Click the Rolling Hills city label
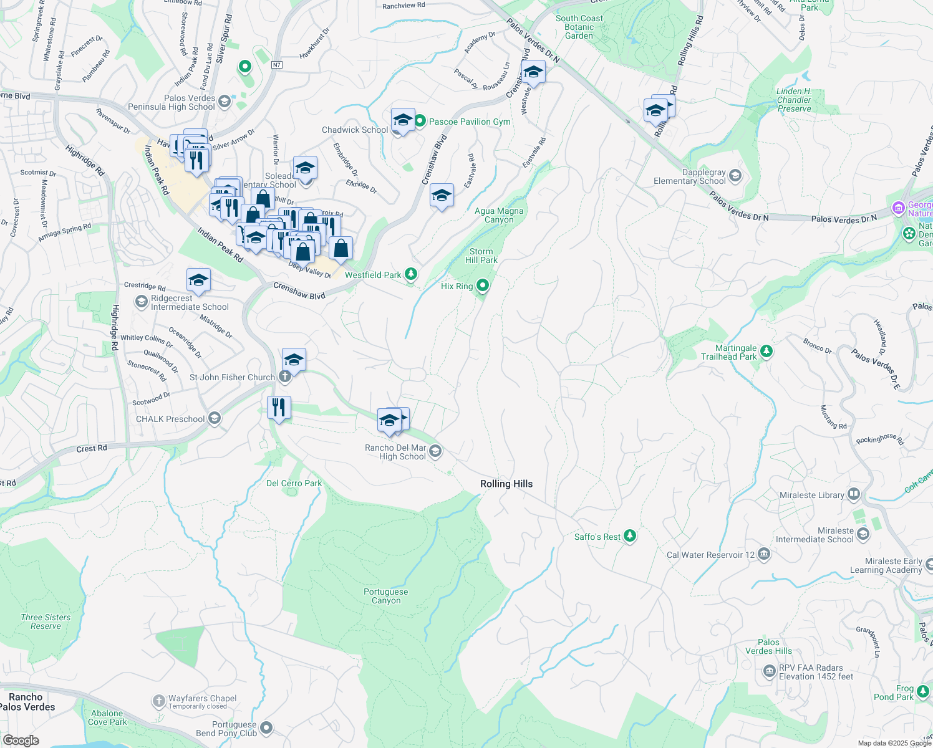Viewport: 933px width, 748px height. click(x=506, y=484)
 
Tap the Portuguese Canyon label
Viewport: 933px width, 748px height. click(x=386, y=597)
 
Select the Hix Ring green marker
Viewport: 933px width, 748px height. click(x=483, y=286)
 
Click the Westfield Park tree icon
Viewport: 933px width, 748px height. click(x=410, y=274)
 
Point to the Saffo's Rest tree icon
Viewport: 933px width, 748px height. click(x=630, y=536)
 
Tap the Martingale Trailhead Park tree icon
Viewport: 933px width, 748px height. click(x=766, y=352)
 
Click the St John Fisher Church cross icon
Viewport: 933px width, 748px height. click(x=284, y=376)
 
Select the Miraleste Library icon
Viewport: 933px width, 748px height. click(x=854, y=494)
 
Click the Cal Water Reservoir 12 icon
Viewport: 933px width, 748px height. click(x=764, y=554)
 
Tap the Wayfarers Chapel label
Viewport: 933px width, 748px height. click(x=202, y=698)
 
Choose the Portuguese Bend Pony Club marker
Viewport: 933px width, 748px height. click(x=266, y=728)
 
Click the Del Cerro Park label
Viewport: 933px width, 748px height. click(x=294, y=483)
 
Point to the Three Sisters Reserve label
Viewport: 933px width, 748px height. click(x=46, y=621)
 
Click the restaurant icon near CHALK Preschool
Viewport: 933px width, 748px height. click(x=279, y=408)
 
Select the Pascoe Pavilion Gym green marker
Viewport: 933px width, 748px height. click(x=420, y=121)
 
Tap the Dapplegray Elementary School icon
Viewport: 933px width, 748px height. click(x=735, y=176)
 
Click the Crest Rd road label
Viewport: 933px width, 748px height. click(x=92, y=448)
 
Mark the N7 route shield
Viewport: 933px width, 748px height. click(x=277, y=64)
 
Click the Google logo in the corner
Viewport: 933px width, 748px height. click(x=21, y=741)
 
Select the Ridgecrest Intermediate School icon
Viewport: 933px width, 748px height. click(x=142, y=302)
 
